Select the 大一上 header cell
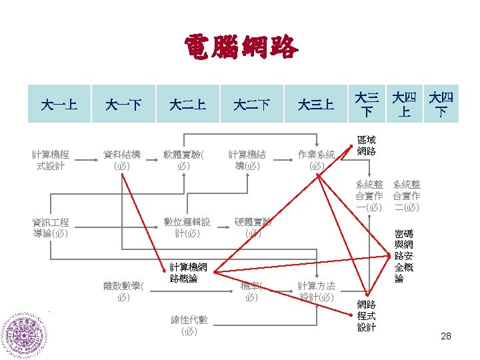(59, 104)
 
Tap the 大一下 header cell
(123, 104)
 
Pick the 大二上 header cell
(187, 104)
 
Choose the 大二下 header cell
(252, 104)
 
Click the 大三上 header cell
(316, 104)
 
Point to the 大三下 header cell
(367, 104)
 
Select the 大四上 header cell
(405, 104)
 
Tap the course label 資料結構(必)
(122, 160)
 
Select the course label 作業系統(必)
(316, 160)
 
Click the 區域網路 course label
(367, 146)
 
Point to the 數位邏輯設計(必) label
(187, 227)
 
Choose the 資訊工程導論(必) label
(51, 228)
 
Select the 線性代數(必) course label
(189, 325)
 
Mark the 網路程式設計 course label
(367, 315)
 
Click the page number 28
(446, 336)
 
